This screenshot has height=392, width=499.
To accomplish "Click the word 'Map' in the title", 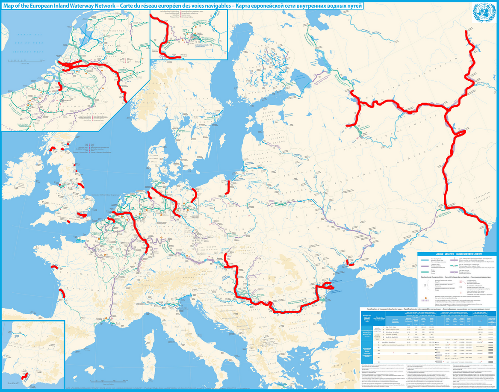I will [x=9, y=6].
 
